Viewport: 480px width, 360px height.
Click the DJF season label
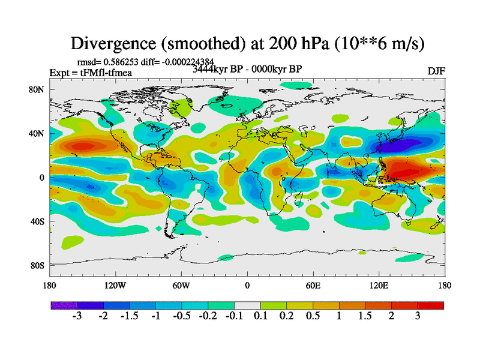436,71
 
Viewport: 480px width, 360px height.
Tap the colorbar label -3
77,316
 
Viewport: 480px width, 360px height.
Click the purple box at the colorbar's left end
64,305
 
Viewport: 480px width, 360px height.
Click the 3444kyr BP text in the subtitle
219,68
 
